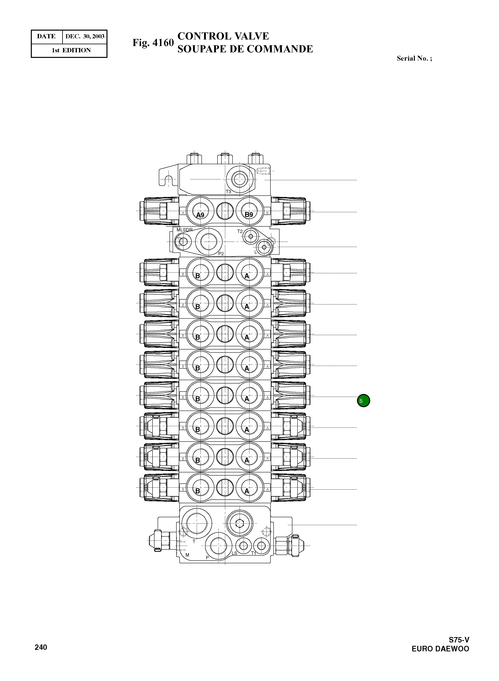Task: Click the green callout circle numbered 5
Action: coord(363,401)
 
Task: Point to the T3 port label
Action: coord(228,192)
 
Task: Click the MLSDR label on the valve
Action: coord(184,230)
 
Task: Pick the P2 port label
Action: coord(221,254)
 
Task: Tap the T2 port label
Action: coord(240,231)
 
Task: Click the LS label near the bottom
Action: coord(234,553)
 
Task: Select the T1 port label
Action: coord(254,553)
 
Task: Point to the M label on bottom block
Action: coord(187,555)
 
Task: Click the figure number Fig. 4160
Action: coord(153,43)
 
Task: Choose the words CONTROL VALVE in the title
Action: coord(223,36)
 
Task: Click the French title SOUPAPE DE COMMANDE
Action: coord(245,49)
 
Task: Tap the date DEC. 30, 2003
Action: coord(85,37)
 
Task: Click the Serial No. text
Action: coord(414,59)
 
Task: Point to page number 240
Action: coord(41,647)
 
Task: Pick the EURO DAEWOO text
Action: coord(440,649)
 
